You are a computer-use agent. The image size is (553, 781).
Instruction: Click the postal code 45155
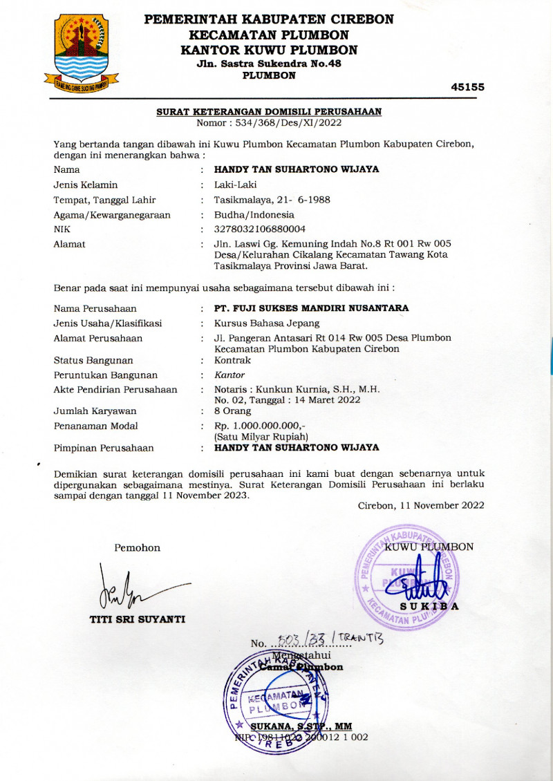coord(467,87)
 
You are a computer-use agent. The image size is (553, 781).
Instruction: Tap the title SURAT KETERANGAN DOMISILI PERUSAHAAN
coord(269,111)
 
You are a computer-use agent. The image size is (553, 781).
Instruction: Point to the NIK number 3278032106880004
coord(260,229)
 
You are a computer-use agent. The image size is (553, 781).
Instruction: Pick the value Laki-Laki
coord(236,185)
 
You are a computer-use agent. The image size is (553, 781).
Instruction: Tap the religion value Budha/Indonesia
coord(254,214)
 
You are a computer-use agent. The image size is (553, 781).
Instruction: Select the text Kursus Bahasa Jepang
coord(267,323)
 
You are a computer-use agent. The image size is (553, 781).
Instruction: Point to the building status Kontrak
coord(233,360)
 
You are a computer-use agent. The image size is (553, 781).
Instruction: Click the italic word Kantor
coord(229,375)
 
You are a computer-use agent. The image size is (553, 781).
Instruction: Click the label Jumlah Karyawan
coord(95,411)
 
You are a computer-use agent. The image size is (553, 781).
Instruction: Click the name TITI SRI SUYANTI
coord(138,619)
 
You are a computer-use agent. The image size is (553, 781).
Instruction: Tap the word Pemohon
coord(137,548)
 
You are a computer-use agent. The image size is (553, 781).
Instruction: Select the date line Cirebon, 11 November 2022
coord(421,505)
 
